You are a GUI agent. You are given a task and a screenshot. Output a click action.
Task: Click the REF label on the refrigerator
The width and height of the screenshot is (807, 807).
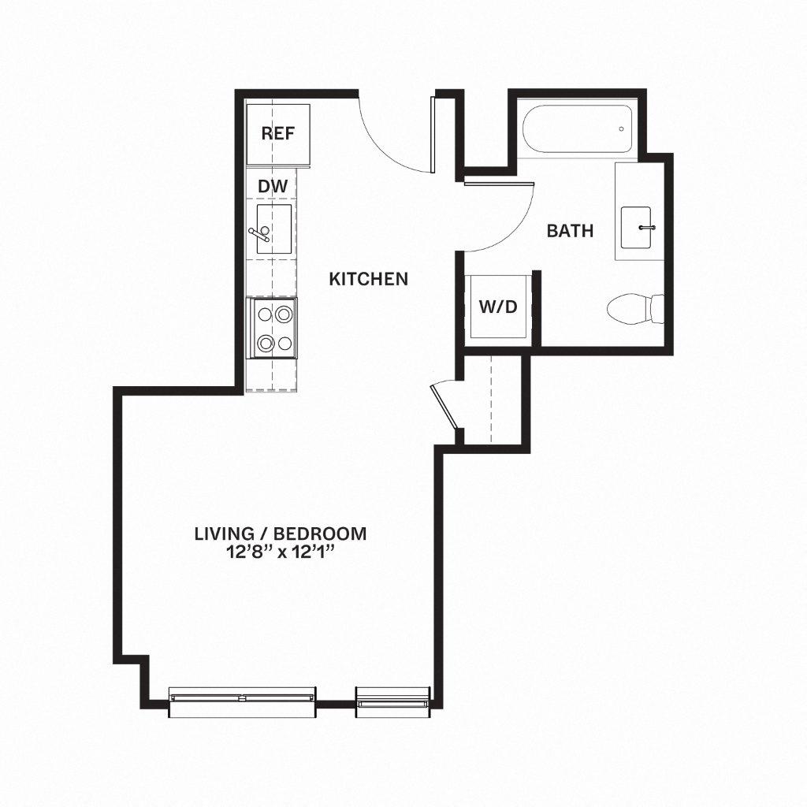click(277, 133)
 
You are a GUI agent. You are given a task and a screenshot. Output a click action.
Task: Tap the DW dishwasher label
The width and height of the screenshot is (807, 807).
click(273, 186)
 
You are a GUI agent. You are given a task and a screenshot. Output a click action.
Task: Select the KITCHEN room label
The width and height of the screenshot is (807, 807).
click(368, 278)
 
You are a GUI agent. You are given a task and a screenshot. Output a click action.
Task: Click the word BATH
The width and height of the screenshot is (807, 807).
click(570, 231)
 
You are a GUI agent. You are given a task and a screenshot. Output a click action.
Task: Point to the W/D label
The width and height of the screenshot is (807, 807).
click(498, 307)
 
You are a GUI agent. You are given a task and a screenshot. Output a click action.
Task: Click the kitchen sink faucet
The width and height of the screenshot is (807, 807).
click(260, 233)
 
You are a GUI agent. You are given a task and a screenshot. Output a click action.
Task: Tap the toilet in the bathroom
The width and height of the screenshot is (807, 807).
click(637, 308)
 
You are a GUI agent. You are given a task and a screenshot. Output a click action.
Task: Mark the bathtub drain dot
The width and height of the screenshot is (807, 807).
click(622, 129)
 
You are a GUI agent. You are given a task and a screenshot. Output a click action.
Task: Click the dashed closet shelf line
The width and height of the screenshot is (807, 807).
click(491, 398)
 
